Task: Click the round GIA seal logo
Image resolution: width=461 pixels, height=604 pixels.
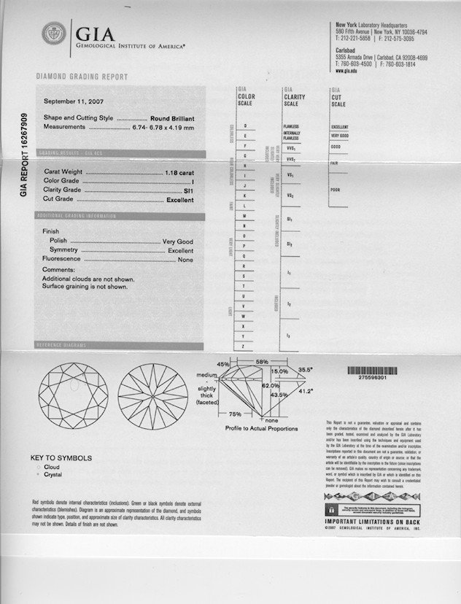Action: [53, 34]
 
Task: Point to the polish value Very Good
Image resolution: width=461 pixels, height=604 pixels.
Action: [177, 241]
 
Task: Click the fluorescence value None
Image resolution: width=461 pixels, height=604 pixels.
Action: [185, 259]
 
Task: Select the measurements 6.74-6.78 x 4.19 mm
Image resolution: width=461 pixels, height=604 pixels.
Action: [163, 127]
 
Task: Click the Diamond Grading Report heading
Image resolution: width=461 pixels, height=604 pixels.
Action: [82, 77]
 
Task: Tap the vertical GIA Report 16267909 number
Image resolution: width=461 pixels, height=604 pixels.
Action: [25, 155]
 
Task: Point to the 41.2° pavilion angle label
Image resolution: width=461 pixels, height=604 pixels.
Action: [304, 392]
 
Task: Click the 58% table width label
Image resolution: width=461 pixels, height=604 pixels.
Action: [262, 362]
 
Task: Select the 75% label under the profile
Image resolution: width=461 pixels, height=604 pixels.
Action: [236, 414]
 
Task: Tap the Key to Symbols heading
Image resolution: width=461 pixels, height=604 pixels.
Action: [61, 458]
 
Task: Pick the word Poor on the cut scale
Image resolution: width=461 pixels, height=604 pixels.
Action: [336, 190]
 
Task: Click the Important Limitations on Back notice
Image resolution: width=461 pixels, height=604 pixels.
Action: [372, 522]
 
